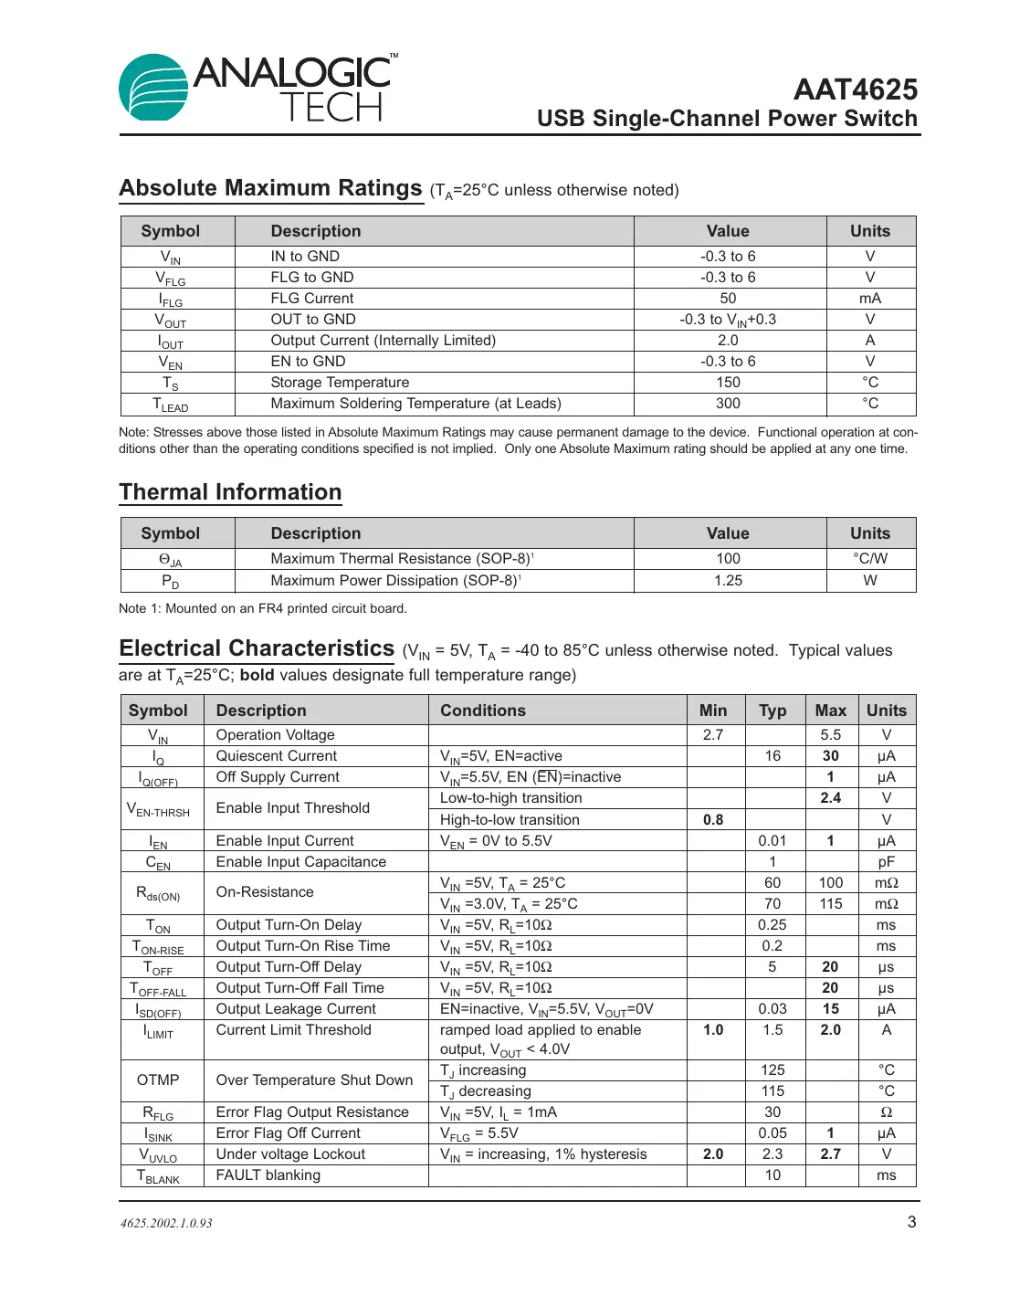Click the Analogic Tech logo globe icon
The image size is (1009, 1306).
[x=152, y=88]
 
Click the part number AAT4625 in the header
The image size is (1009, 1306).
[x=855, y=90]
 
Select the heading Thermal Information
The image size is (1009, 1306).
[x=230, y=492]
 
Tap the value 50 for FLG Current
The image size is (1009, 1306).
[x=728, y=299]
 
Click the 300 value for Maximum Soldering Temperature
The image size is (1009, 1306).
[x=728, y=404]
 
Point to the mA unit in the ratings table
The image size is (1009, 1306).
[x=869, y=299]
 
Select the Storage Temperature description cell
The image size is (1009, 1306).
[x=340, y=383]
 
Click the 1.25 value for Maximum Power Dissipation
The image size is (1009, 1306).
[x=728, y=581]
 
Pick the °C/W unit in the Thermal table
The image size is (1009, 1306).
[x=869, y=559]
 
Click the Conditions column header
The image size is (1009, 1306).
[x=483, y=711]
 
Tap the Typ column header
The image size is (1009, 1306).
[x=773, y=711]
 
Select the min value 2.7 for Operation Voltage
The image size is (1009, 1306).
[x=713, y=735]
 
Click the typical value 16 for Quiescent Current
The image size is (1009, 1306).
[x=773, y=756]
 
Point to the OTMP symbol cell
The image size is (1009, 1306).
[x=158, y=1080]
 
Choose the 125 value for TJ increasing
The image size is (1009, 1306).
[x=773, y=1070]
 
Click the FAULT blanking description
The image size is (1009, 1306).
[x=268, y=1175]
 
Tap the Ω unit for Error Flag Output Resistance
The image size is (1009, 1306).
[x=886, y=1112]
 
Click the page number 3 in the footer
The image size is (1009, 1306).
[x=911, y=1222]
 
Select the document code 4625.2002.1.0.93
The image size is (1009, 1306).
[x=166, y=1224]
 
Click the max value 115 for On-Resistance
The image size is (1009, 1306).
[x=830, y=904]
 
